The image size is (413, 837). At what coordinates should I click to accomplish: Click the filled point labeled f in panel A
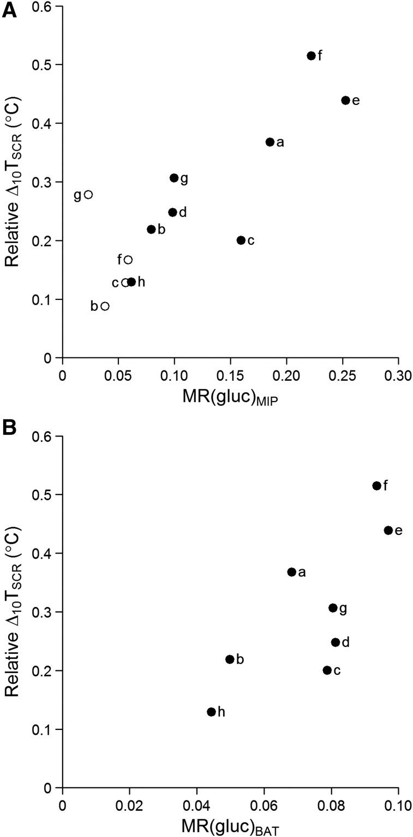tap(311, 56)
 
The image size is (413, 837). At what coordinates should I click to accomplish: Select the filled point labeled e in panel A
tap(345, 101)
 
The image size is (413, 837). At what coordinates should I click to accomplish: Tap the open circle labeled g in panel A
tap(88, 194)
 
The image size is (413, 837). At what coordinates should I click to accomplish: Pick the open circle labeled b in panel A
tap(105, 306)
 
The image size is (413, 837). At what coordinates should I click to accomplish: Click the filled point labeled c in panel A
tap(241, 240)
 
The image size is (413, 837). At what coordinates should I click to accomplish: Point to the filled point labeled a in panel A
tap(270, 142)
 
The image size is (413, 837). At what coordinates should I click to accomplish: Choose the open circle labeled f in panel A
tap(128, 260)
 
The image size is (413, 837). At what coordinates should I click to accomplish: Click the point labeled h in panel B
tap(211, 712)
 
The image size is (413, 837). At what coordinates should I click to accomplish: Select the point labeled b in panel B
tap(230, 659)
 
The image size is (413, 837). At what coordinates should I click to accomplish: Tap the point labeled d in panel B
tap(336, 643)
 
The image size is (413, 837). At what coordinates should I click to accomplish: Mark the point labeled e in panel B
tap(388, 531)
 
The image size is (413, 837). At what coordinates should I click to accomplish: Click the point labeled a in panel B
tap(291, 572)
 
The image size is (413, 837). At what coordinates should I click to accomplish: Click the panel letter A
tap(9, 11)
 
